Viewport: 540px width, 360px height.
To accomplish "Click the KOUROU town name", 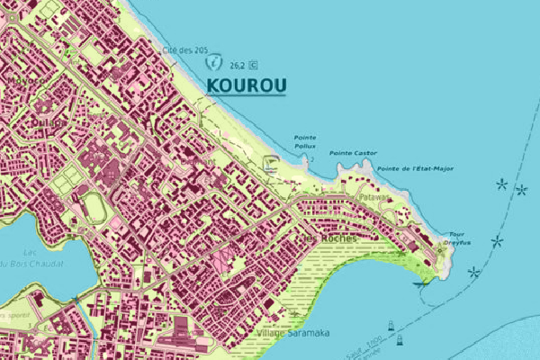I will tap(247, 85).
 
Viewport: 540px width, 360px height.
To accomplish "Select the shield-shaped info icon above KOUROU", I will tap(214, 64).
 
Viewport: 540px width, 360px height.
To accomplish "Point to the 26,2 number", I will tap(238, 65).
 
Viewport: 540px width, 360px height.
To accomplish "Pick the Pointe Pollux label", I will tap(305, 141).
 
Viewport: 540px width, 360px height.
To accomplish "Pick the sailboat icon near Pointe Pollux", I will tap(269, 162).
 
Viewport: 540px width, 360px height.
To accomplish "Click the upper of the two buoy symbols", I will tap(391, 325).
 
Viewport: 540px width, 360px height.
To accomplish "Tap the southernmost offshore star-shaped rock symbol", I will tap(474, 273).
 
